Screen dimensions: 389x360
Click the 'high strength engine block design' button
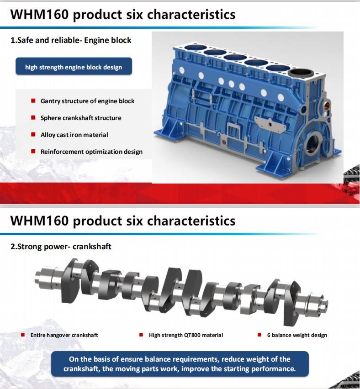(74, 67)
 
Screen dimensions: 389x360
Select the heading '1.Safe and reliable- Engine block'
(71, 40)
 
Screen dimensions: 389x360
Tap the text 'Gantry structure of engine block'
(87, 101)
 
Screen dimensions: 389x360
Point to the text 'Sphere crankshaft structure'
(81, 118)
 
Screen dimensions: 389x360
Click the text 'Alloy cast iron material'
(74, 135)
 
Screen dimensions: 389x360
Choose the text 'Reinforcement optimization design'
(91, 152)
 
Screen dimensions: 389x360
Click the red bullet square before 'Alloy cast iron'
(33, 135)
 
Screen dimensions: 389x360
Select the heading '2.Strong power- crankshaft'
(61, 247)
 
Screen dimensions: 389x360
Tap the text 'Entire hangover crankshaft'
(64, 335)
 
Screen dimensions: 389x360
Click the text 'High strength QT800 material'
(186, 335)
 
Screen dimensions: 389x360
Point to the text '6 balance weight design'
(297, 335)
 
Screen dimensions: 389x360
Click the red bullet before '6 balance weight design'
(259, 335)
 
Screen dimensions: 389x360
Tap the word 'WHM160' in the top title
(39, 14)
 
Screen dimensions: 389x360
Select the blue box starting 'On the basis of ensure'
(180, 364)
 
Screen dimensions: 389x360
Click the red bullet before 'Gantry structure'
(33, 101)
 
